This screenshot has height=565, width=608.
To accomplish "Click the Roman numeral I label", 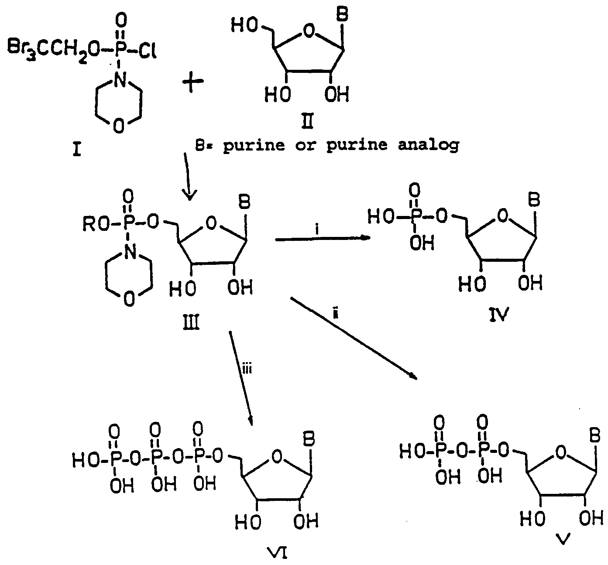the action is click(x=77, y=150).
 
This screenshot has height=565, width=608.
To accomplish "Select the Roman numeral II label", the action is click(x=307, y=121).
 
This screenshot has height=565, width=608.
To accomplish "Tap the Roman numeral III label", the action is click(x=191, y=323).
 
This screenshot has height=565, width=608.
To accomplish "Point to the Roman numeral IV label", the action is click(x=499, y=314).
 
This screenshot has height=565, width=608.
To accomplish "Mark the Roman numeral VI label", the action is click(x=277, y=553).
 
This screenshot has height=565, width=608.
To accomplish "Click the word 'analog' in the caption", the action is click(x=429, y=145).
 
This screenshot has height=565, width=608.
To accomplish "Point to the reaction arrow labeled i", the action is click(x=323, y=239).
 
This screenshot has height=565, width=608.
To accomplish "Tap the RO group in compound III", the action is click(x=96, y=225).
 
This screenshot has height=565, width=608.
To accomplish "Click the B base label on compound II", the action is click(x=342, y=15).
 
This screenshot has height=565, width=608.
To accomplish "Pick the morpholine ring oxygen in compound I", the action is click(x=119, y=126).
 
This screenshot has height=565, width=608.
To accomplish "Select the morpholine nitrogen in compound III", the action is click(x=131, y=253).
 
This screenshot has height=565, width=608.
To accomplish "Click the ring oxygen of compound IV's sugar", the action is click(x=502, y=216).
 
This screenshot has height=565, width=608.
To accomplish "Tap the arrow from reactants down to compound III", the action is click(x=188, y=177).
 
